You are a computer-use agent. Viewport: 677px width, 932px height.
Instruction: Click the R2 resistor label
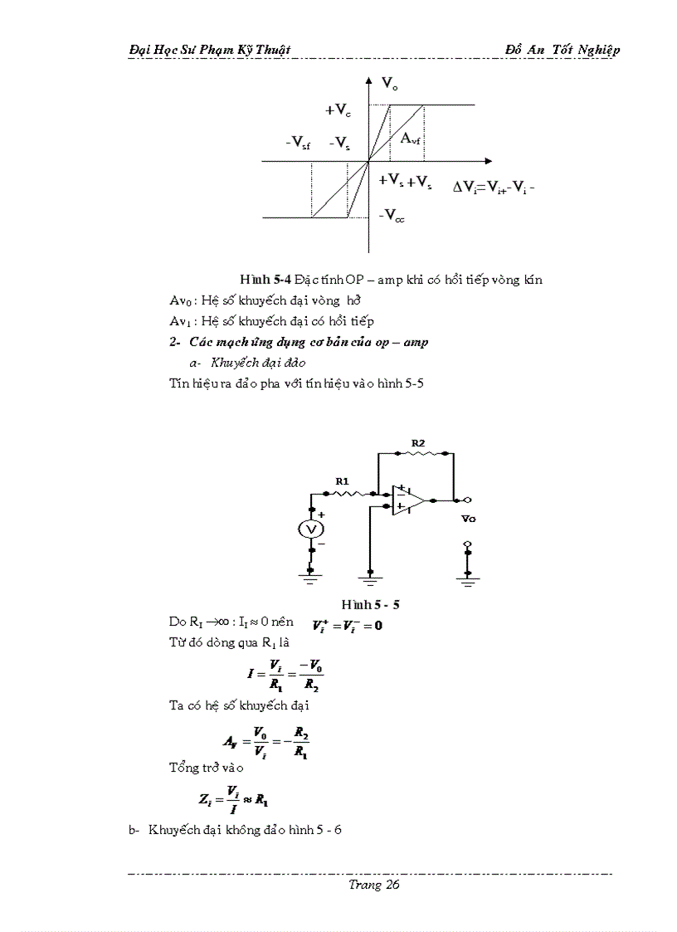(418, 444)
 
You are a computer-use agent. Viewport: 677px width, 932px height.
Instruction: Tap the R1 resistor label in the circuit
(342, 481)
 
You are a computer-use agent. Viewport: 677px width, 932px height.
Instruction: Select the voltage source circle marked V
(311, 529)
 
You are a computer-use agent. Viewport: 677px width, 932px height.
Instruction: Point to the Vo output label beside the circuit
(469, 518)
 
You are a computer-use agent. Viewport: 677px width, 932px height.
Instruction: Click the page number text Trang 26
(374, 886)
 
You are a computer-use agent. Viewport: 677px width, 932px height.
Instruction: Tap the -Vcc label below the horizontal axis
(392, 216)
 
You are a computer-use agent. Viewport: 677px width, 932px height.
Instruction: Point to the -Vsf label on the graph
(297, 144)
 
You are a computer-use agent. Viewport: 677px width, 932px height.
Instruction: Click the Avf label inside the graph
(412, 139)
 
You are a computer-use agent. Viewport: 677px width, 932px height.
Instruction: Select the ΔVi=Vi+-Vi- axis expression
(493, 187)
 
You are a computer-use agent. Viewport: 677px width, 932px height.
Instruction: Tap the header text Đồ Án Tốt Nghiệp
(562, 50)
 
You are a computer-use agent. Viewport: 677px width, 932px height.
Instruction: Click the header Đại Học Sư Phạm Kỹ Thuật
(210, 50)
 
